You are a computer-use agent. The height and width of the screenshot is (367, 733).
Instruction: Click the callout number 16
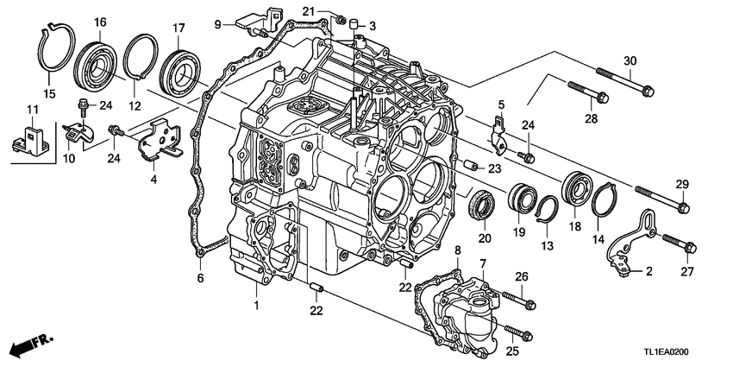[100, 22]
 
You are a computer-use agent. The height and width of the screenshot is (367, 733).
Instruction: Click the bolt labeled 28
[590, 92]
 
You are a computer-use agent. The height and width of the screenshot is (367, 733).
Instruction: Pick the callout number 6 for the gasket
[199, 278]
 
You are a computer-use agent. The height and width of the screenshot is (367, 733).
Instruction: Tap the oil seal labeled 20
[480, 208]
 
